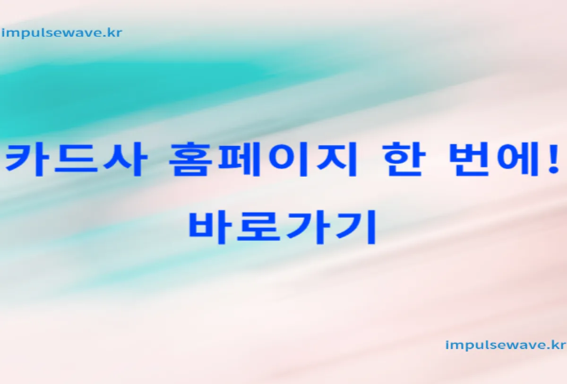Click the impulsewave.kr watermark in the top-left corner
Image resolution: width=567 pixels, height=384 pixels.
(62, 34)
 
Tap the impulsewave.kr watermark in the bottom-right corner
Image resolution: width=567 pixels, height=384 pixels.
(506, 345)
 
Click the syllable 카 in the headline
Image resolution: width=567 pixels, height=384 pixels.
(24, 159)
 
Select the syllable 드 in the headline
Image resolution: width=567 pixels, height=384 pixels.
(76, 160)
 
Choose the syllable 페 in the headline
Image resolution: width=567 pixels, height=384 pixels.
(239, 159)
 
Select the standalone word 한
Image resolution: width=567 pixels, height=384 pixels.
(403, 159)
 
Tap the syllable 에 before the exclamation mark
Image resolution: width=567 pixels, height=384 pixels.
(518, 159)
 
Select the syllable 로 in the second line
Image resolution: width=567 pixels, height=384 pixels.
(258, 228)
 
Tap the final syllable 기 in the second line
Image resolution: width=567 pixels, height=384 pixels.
(356, 228)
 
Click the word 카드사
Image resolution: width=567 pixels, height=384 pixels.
(76, 160)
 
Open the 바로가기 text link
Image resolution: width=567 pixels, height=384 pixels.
(282, 228)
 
